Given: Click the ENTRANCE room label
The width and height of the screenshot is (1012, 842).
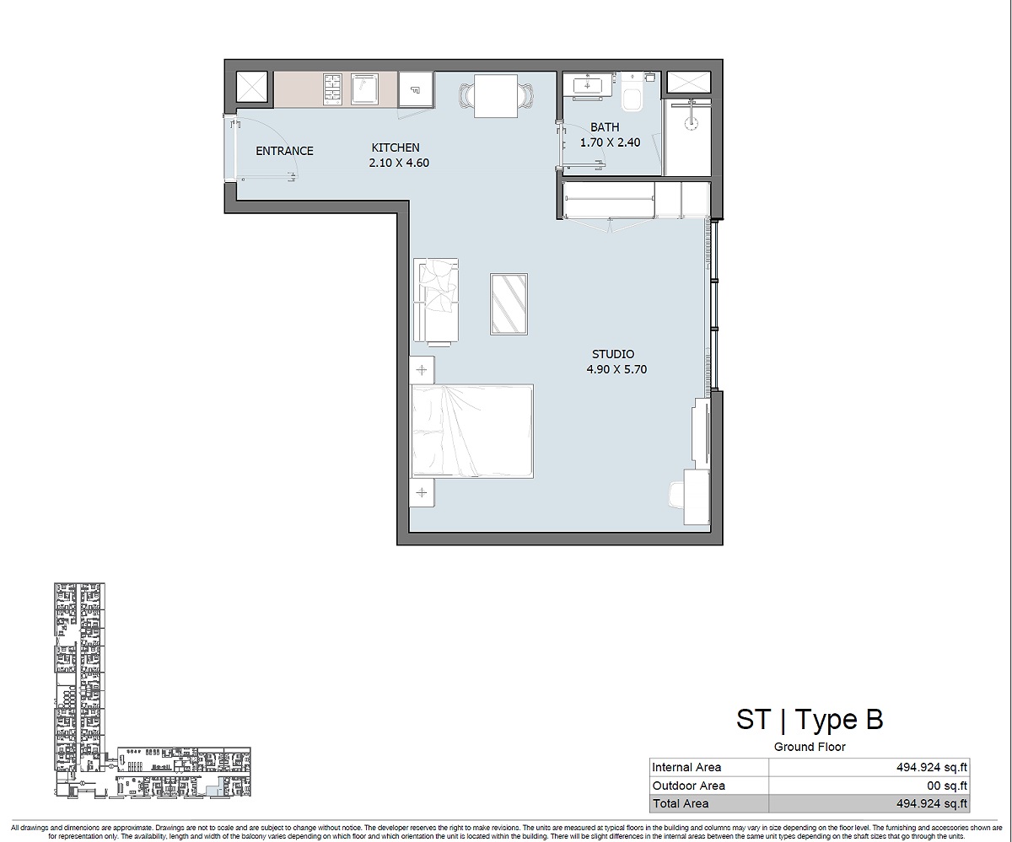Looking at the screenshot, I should tap(284, 151).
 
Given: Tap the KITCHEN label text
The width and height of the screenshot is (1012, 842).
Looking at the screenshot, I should tap(396, 147).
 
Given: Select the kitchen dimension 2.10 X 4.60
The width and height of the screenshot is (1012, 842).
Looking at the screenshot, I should tap(399, 163).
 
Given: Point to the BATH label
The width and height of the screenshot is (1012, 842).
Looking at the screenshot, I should tap(605, 127).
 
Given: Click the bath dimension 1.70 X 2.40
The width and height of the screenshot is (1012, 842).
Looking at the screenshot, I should tap(610, 142).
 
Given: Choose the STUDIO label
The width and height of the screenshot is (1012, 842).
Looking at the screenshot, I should tap(613, 354).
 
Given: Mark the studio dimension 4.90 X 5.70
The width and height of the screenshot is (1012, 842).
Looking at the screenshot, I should tap(617, 369).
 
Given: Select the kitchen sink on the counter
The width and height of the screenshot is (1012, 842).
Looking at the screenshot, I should tap(363, 88).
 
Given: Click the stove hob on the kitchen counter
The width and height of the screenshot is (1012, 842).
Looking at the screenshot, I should tap(332, 88).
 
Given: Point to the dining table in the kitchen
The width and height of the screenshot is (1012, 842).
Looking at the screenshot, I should tap(496, 96).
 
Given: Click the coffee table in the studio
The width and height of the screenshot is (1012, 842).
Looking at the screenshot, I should tap(509, 303).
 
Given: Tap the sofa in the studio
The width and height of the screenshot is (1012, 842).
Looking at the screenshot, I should tap(435, 301).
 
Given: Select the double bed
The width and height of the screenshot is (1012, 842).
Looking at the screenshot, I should tap(472, 432).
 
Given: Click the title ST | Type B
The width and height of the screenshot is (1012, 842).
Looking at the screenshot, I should tap(810, 719).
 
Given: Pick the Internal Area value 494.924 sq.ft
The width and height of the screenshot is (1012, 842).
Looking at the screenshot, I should tap(933, 767).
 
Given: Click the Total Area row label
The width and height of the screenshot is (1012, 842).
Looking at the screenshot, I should tap(681, 804).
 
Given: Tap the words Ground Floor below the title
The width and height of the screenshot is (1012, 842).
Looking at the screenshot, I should tap(810, 747).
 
